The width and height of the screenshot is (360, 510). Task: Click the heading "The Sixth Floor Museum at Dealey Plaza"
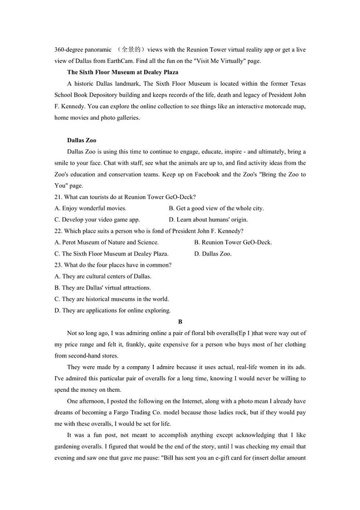tap(122, 72)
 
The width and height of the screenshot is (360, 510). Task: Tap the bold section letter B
tap(180, 322)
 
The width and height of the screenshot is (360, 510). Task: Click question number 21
tap(58, 197)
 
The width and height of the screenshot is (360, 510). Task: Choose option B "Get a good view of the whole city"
tap(216, 208)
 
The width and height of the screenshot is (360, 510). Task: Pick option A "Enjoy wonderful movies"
tap(90, 208)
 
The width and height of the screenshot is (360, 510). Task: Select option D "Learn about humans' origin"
tap(208, 220)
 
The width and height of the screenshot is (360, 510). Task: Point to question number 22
tap(58, 231)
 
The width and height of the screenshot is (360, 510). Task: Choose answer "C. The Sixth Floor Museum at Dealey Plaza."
tap(112, 254)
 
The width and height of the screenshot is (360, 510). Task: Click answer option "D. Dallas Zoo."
tap(213, 254)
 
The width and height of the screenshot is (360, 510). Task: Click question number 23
tap(58, 265)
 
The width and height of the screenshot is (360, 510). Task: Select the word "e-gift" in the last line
tap(216, 458)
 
